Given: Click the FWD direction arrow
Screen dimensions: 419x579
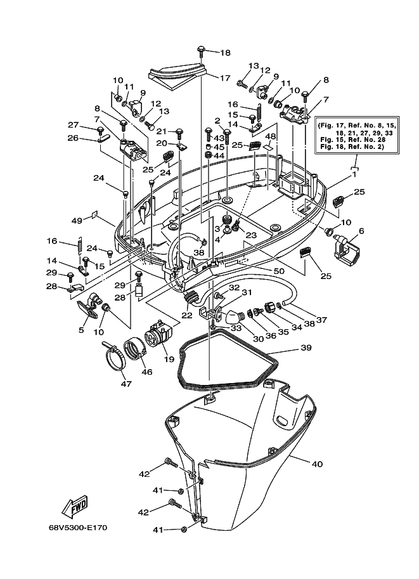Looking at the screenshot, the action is point(75,505).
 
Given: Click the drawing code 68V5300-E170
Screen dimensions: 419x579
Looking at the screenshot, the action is point(78,528).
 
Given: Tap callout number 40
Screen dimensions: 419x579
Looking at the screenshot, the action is point(317,464).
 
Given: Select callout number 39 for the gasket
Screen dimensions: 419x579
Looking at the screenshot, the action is point(306,348).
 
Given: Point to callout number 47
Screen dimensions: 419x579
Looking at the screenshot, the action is point(126,384).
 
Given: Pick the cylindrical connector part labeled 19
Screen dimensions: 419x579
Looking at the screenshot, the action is point(160,334).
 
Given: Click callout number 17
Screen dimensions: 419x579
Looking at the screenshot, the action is point(225,78).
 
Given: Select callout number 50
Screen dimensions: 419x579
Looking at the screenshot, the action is point(279,271).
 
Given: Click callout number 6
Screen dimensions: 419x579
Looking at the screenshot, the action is point(361,231).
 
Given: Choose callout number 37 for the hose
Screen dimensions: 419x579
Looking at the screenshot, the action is point(321,320).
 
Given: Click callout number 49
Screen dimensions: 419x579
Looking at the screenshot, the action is point(77,221).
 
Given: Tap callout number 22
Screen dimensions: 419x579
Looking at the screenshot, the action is point(187,315).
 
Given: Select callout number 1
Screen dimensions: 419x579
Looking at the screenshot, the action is point(354,174).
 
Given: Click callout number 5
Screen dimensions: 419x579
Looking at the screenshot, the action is point(81,330).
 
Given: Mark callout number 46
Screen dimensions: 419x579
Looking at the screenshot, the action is point(147,372).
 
